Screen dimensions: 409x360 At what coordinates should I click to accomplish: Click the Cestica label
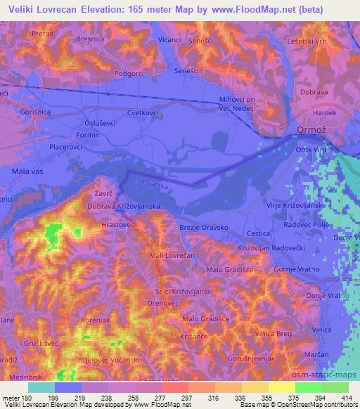(x=258, y=233)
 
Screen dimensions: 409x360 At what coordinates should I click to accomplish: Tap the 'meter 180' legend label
(x=16, y=398)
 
